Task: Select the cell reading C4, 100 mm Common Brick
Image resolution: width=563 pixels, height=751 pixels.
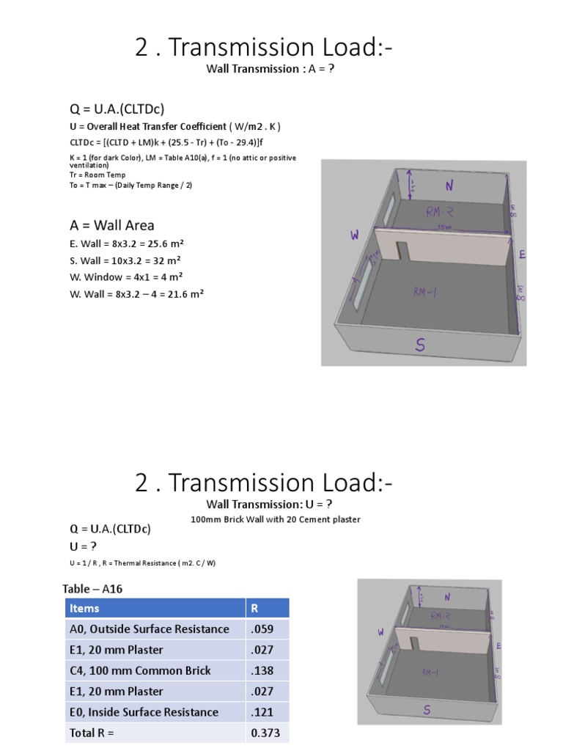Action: pyautogui.click(x=139, y=670)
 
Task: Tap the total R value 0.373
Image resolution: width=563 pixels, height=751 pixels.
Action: pyautogui.click(x=265, y=733)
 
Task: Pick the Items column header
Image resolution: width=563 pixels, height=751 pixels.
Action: pyautogui.click(x=85, y=608)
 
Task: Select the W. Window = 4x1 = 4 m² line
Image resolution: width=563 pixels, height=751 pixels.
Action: pyautogui.click(x=126, y=277)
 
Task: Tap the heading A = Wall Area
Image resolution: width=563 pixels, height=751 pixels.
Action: pyautogui.click(x=111, y=225)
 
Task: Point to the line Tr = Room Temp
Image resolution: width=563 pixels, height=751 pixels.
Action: pyautogui.click(x=97, y=175)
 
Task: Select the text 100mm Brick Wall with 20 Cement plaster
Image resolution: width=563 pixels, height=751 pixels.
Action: pyautogui.click(x=275, y=519)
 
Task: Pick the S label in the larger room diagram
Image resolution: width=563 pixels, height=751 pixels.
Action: pyautogui.click(x=421, y=345)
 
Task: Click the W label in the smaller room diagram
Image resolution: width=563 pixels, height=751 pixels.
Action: pyautogui.click(x=380, y=631)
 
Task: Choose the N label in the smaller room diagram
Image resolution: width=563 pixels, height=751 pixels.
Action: pyautogui.click(x=446, y=598)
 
